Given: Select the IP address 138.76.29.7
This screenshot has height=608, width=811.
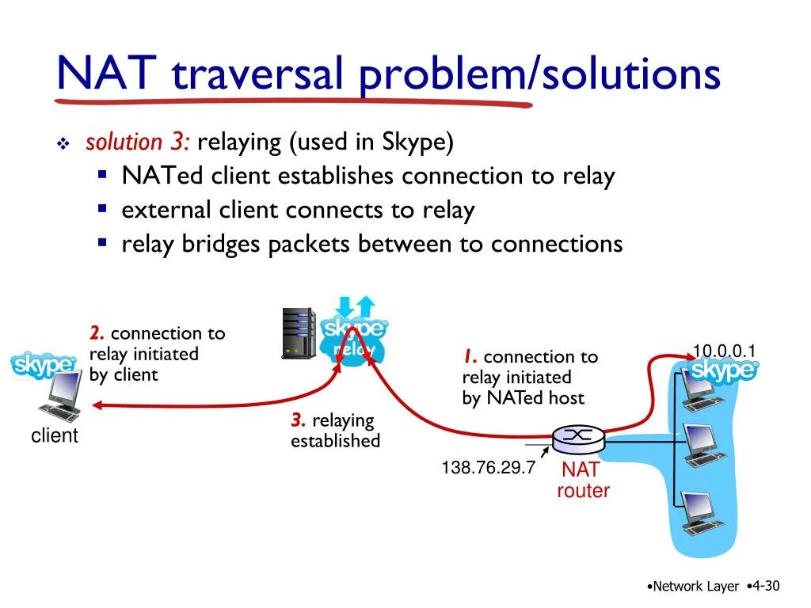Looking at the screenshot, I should (489, 468).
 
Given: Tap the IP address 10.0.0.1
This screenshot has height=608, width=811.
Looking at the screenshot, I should (725, 351).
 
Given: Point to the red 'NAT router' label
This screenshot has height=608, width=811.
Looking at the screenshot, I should (584, 481).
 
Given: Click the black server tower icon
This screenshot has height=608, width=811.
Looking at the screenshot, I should (299, 333).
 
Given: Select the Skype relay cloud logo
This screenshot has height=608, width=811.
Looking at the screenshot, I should (353, 337).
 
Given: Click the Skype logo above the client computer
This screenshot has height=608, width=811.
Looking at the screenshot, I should (44, 366).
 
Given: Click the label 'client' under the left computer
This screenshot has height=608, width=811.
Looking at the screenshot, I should (55, 435).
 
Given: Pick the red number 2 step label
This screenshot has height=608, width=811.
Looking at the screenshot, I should (97, 334).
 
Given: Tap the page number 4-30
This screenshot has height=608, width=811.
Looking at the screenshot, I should (765, 586).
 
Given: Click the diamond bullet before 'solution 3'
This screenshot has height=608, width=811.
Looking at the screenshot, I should (63, 144).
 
